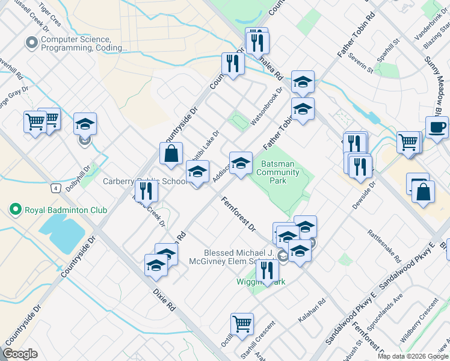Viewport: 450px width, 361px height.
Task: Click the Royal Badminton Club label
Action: pyautogui.click(x=65, y=210)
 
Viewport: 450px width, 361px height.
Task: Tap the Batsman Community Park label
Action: pyautogui.click(x=277, y=173)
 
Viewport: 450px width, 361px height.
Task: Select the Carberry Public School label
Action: pyautogui.click(x=144, y=181)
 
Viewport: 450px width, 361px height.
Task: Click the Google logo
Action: pyautogui.click(x=20, y=354)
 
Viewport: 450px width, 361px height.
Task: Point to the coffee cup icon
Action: pyautogui.click(x=436, y=128)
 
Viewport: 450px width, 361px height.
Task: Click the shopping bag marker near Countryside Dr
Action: pyautogui.click(x=171, y=153)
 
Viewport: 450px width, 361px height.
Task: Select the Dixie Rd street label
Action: pyautogui.click(x=164, y=299)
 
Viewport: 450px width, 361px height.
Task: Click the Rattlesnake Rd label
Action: pyautogui.click(x=385, y=245)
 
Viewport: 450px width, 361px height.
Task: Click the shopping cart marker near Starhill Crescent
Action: pyautogui.click(x=242, y=324)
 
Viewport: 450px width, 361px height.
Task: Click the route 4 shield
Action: pyautogui.click(x=56, y=188)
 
